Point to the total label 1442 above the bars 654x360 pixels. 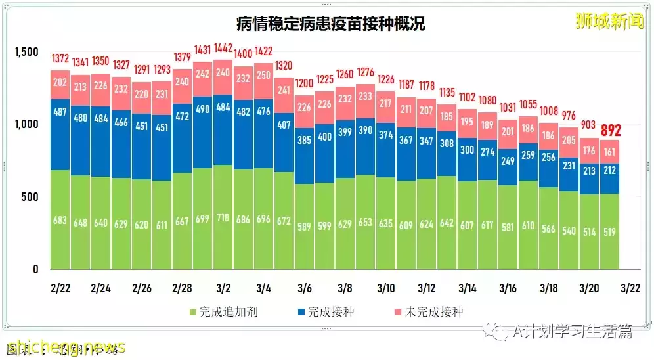[x=223, y=49]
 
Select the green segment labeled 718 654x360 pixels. [x=223, y=217]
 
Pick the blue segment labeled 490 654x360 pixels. [x=203, y=110]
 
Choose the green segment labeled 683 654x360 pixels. [x=60, y=219]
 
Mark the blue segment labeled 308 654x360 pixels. [x=447, y=143]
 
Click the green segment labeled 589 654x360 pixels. [x=304, y=226]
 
